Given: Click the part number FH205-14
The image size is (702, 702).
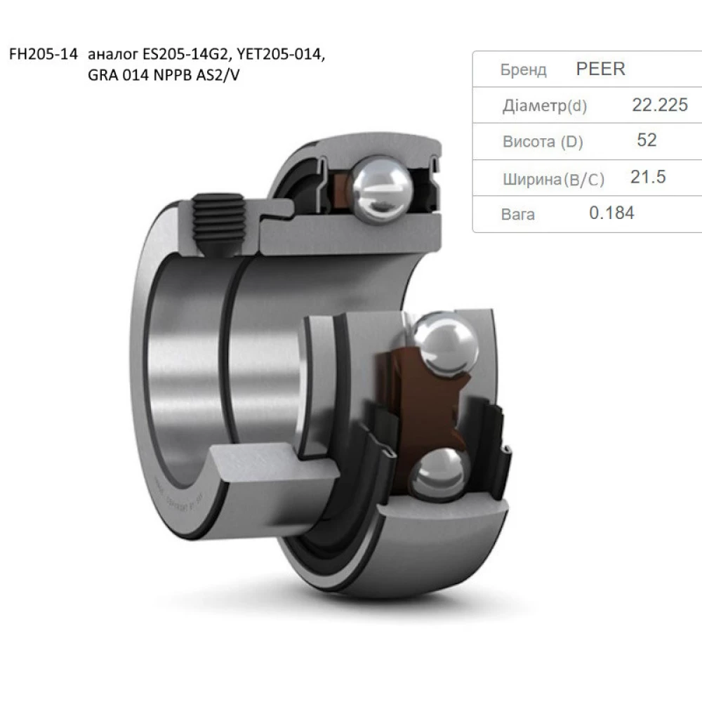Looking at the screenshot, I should tap(41, 56).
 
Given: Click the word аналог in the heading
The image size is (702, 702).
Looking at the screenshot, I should tap(113, 56).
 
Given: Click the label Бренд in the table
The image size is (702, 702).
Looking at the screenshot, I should tap(523, 70).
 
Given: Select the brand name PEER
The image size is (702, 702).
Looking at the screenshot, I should tap(600, 69).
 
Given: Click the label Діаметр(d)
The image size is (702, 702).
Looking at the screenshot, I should tap(545, 106).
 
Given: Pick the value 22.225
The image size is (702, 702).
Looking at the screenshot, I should tap(660, 105).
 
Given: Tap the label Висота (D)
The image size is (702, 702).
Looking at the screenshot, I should tap(543, 142).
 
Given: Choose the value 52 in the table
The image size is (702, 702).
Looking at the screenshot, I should tap(647, 140).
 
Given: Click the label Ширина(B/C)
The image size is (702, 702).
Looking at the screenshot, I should tap(553, 179).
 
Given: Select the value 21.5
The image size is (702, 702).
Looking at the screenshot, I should tap(647, 177).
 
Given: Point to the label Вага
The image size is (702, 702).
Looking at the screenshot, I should tap(518, 215).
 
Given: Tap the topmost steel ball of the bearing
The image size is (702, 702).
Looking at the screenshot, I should tap(382, 184).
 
